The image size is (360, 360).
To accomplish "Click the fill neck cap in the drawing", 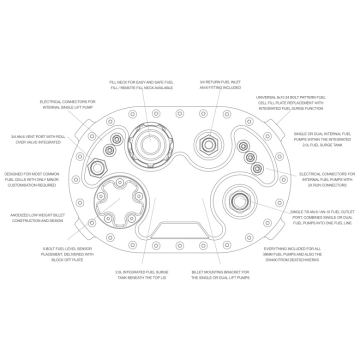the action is pos(150,145).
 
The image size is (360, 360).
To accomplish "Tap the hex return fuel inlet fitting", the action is pos(208,145).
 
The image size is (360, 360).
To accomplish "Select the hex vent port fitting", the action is pos(97,167).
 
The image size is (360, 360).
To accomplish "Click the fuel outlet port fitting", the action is pos(239,201).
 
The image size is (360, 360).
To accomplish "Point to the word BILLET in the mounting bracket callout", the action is pos(197,272).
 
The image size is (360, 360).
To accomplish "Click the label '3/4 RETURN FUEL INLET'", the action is pos(220,82).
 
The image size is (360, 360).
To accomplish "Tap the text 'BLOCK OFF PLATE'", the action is pos(67,260).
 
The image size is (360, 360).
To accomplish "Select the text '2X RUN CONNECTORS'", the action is pos(327,185).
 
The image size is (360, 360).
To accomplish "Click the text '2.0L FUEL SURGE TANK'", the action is pos(322,145).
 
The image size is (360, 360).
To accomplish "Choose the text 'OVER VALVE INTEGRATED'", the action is pos(38,142).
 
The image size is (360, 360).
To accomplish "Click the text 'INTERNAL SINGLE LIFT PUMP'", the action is pos(67,107).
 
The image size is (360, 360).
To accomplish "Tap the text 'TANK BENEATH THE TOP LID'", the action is pos(141,277).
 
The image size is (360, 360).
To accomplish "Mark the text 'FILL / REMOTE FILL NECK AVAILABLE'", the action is pos(141,87).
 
